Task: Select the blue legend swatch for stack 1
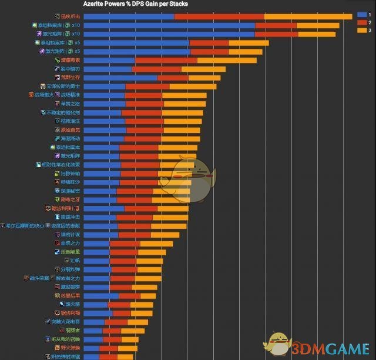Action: pyautogui.click(x=361, y=14)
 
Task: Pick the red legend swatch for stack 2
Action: pyautogui.click(x=361, y=22)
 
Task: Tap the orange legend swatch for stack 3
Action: pyautogui.click(x=361, y=29)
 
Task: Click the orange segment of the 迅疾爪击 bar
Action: pyautogui.click(x=308, y=16)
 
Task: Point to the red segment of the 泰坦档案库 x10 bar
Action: pyautogui.click(x=276, y=25)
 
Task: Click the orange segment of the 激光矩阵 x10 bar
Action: pyautogui.click(x=317, y=34)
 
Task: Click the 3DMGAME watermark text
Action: pyautogui.click(x=329, y=348)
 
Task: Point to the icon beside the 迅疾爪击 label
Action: pyautogui.click(x=56, y=16)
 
